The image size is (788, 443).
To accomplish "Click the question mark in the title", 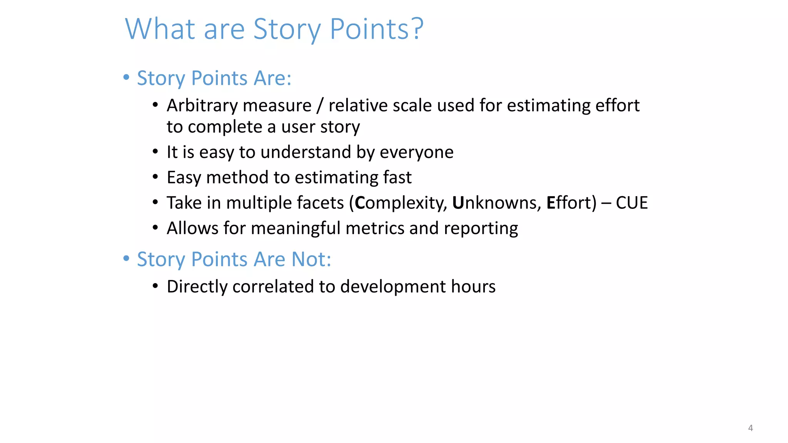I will click(x=416, y=29).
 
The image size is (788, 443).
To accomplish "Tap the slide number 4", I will click(x=750, y=428).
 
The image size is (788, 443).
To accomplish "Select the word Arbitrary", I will click(x=200, y=106).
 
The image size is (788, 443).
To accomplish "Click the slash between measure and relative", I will click(x=320, y=106).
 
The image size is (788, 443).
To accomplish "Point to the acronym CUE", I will click(x=631, y=203).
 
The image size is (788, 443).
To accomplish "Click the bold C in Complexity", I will click(x=360, y=203).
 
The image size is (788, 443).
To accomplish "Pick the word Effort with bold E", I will click(x=571, y=203).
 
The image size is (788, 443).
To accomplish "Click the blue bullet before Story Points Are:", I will click(x=126, y=77).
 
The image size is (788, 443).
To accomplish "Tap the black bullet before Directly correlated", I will click(x=155, y=286).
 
